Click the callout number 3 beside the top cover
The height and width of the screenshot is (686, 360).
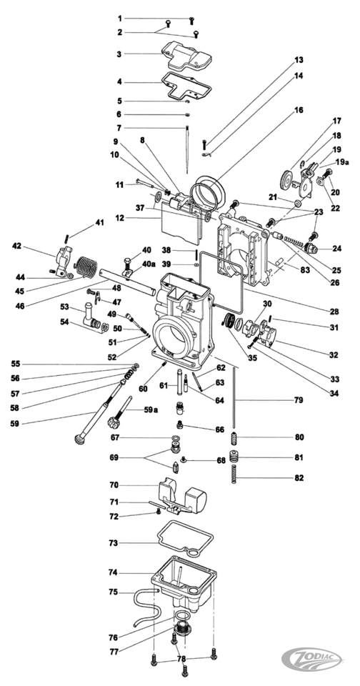point(119,54)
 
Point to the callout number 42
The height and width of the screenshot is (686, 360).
point(17,247)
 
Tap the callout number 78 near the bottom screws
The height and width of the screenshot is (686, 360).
point(181,658)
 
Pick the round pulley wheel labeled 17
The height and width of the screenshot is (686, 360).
point(289,179)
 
